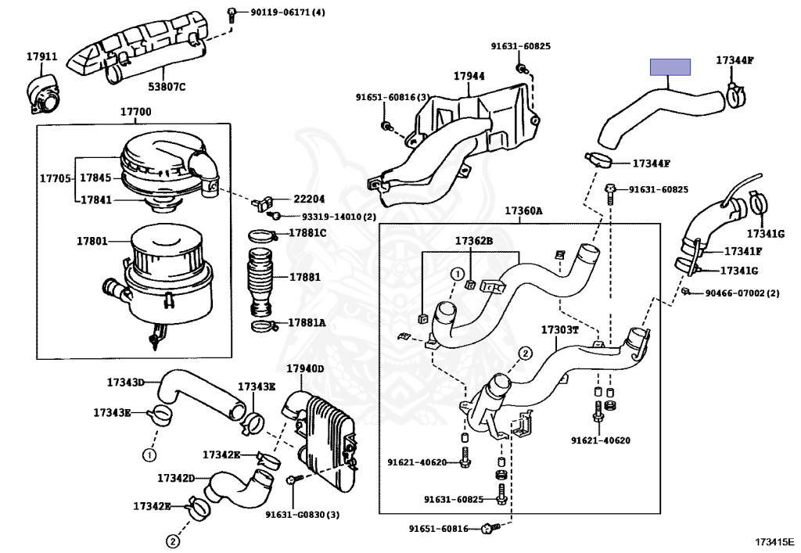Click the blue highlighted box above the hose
[670, 67]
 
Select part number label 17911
[41, 56]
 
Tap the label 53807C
[167, 87]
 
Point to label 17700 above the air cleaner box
[135, 112]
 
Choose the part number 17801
[92, 240]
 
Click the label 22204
[309, 199]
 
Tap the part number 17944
[469, 76]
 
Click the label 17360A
[523, 211]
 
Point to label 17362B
[474, 241]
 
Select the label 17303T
[560, 329]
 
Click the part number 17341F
[742, 251]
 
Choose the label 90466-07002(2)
[742, 293]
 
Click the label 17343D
[126, 382]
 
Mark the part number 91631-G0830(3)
[302, 514]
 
